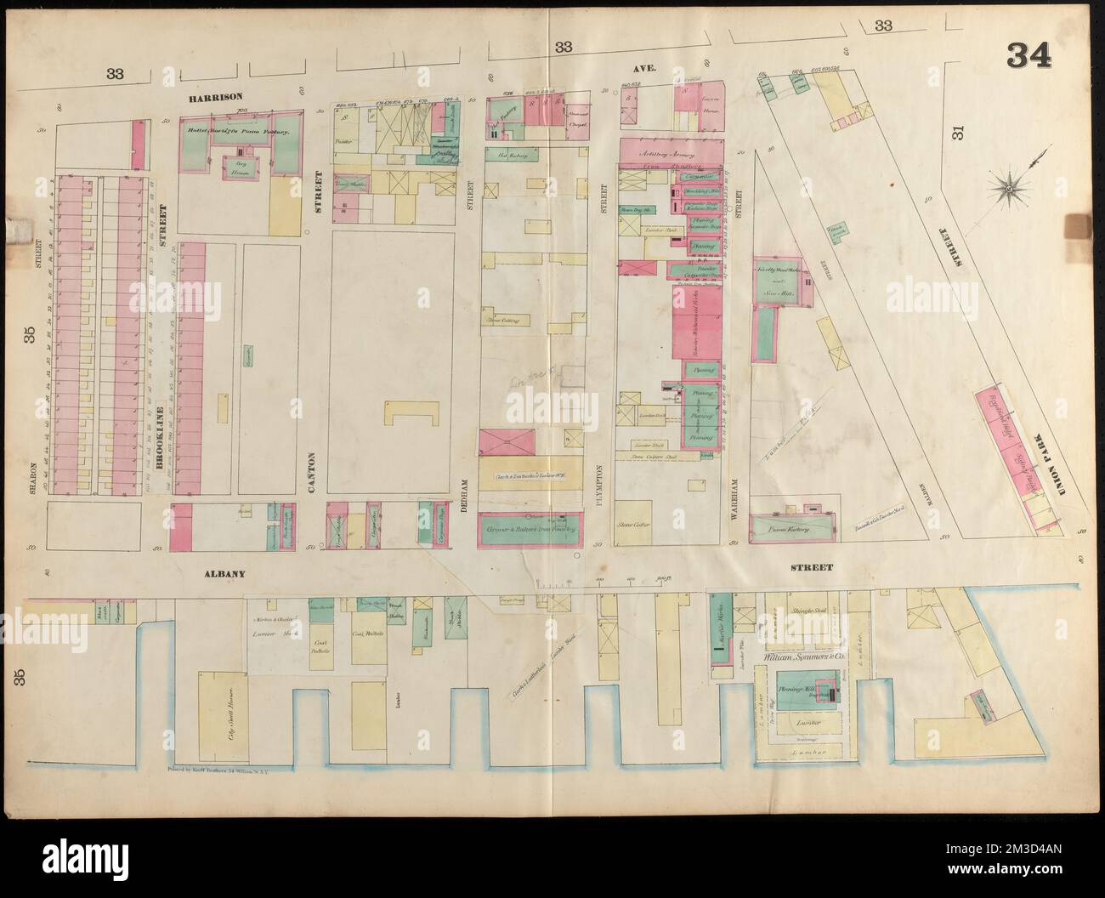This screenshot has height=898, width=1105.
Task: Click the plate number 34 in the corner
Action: tap(1029, 79)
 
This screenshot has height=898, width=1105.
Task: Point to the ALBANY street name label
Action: tap(224, 574)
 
